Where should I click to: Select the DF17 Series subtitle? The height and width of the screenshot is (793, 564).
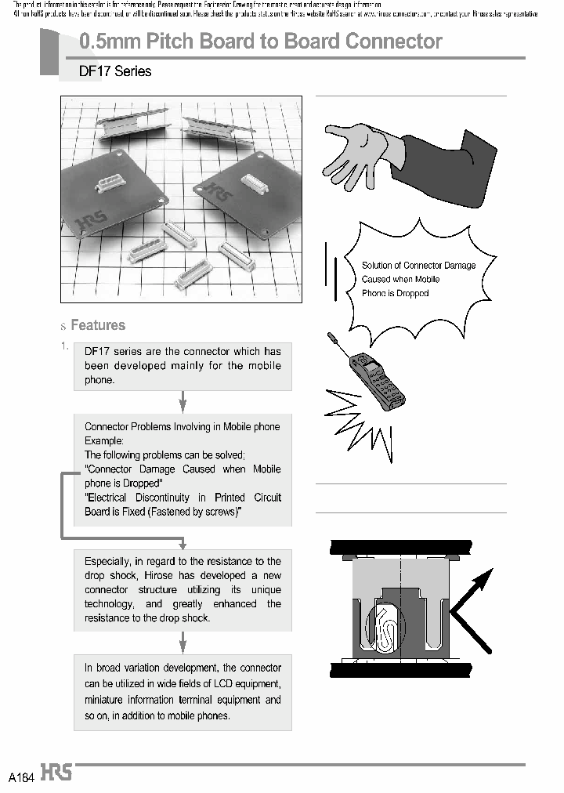tap(115, 71)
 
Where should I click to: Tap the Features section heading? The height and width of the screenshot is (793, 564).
tap(98, 325)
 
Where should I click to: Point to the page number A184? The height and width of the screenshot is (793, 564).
tap(21, 777)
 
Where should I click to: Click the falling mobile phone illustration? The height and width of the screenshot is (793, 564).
tap(378, 380)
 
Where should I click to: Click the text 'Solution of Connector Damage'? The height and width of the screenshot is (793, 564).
tap(418, 266)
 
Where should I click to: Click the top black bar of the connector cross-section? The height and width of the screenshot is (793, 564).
tap(400, 546)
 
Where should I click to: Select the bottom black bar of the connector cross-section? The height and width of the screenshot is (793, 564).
tap(400, 668)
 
